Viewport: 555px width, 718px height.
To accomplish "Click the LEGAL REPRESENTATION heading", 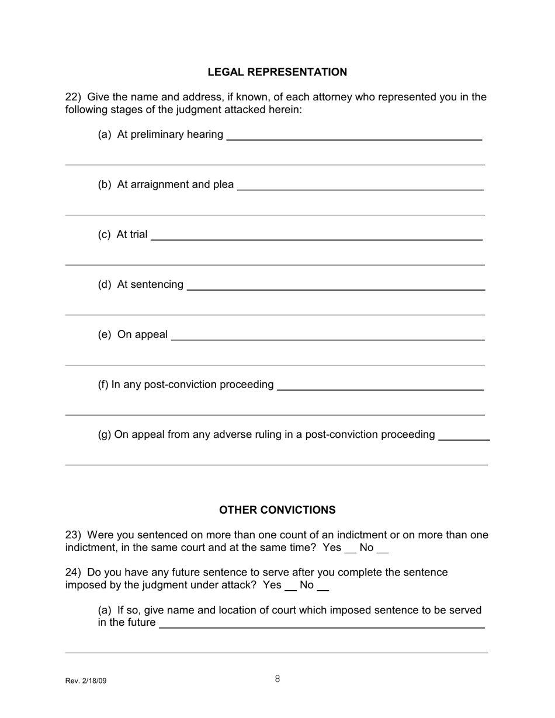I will (x=277, y=72).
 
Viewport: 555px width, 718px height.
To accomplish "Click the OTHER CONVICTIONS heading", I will (x=277, y=510).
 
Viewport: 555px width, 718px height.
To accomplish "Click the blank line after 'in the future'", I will (x=322, y=625).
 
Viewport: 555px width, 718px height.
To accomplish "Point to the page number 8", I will (x=277, y=679).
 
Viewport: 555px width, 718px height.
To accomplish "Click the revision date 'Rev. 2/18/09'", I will (x=86, y=681).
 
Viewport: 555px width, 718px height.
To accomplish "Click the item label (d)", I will (x=105, y=284).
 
